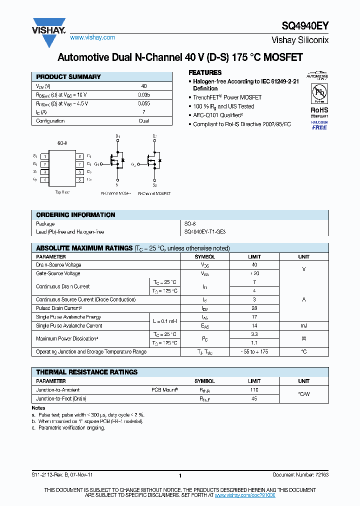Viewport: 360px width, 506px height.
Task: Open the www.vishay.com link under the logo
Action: (92, 37)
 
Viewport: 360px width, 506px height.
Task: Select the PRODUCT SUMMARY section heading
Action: (68, 77)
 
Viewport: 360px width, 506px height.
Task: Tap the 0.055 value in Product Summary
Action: (144, 103)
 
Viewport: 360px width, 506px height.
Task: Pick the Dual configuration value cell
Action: (144, 121)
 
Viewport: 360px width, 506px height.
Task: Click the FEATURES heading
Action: (205, 72)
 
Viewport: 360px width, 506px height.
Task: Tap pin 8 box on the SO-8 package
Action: (79, 156)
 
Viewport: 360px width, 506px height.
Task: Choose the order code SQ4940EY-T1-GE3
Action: (205, 232)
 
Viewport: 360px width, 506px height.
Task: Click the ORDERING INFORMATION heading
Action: (75, 215)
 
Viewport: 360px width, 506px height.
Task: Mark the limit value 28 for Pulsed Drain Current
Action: (254, 308)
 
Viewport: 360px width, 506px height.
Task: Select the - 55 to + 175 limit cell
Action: (254, 352)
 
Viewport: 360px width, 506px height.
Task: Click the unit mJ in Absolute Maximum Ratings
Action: (303, 325)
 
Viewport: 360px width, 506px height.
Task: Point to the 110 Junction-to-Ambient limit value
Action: (254, 389)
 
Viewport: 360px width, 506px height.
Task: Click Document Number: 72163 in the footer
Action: (300, 475)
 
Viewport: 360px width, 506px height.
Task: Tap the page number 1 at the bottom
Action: (179, 476)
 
